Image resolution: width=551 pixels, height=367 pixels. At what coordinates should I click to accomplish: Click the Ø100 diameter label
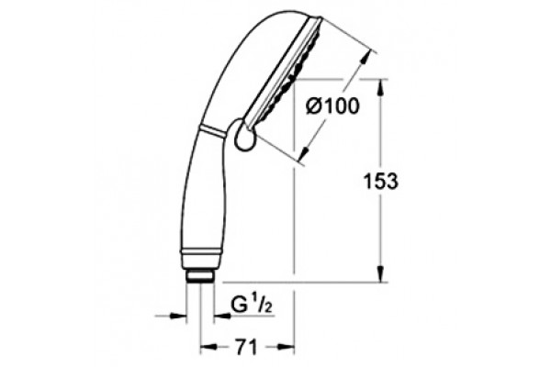coord(332,106)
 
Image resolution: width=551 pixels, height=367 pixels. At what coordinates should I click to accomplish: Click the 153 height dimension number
coord(381,182)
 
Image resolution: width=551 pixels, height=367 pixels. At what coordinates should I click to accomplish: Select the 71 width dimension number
coord(246,347)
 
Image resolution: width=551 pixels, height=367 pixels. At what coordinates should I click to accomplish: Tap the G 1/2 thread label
coord(252,306)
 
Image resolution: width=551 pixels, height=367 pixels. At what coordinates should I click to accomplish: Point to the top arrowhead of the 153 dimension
coord(380,88)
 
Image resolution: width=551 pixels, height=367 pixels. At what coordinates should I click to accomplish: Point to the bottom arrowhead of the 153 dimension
coord(380,273)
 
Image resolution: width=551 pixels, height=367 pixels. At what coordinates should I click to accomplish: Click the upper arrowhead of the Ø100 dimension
coord(365,58)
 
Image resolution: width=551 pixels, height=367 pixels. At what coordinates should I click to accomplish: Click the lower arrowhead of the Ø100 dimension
coord(306,154)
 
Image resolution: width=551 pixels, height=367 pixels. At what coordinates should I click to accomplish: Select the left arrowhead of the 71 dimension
coord(208,348)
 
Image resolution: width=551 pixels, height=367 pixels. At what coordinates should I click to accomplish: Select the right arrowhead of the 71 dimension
coord(285,348)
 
